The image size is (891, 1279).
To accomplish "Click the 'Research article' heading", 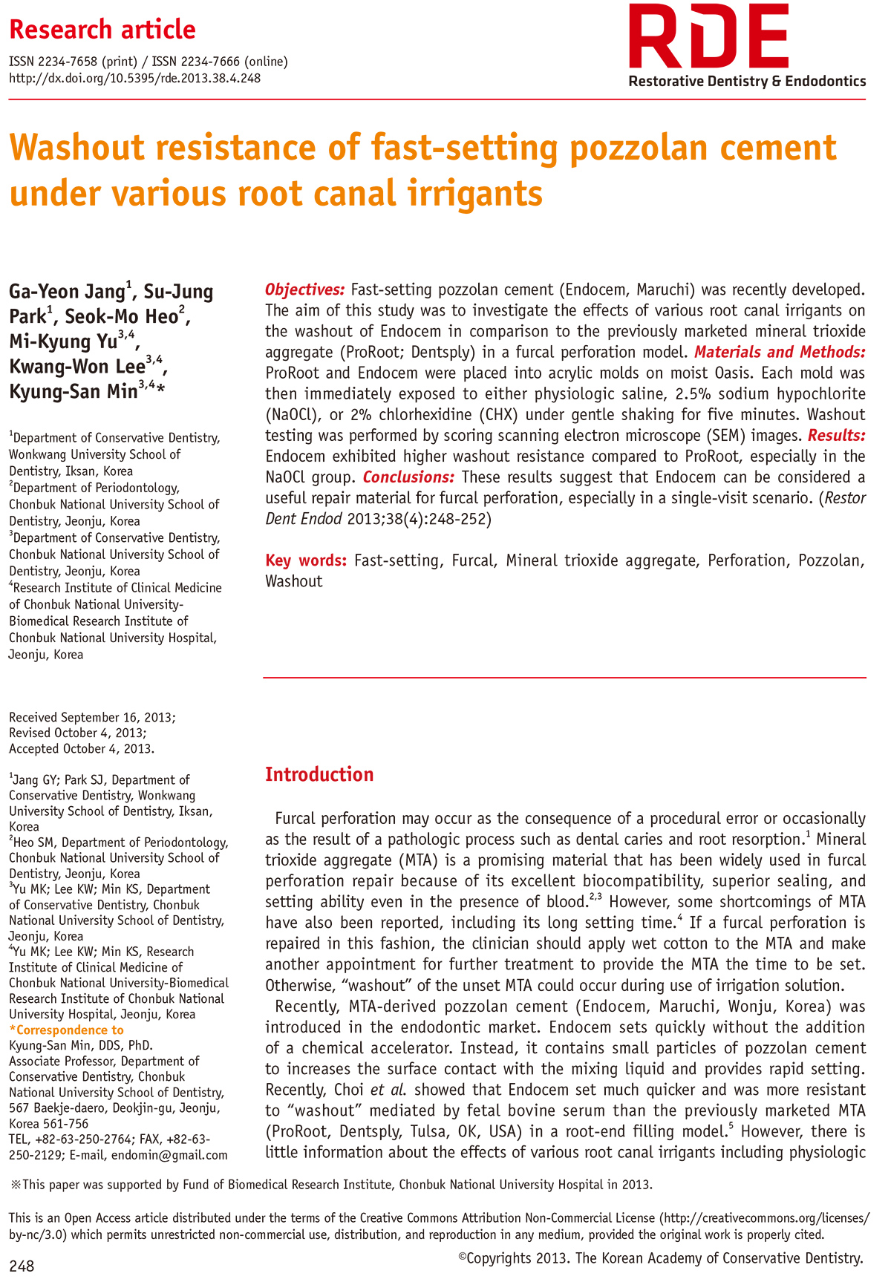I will click(102, 30).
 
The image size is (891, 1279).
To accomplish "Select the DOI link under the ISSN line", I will click(134, 78).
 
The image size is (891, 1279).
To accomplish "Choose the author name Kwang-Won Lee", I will click(77, 366).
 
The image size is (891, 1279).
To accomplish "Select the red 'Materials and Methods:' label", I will click(780, 352).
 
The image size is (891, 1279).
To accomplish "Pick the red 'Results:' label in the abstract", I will click(836, 435).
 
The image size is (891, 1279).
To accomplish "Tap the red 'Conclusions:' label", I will click(408, 477).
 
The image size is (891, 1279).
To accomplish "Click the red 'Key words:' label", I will click(306, 560).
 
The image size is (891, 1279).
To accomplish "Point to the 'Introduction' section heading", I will click(319, 774).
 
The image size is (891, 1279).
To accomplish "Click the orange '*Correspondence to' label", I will click(66, 1030).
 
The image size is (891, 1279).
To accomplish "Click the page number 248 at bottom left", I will click(22, 1266).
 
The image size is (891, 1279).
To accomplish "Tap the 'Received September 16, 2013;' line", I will click(92, 717).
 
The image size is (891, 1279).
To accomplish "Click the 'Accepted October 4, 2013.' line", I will click(82, 748).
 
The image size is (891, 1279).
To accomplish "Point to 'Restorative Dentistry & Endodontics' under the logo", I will click(747, 81).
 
